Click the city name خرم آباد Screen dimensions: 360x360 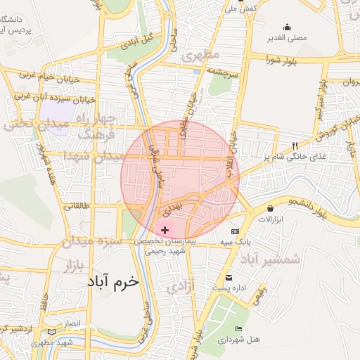[x=113, y=281]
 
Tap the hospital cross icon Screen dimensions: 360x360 [x=165, y=230]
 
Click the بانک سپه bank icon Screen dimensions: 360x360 [x=235, y=231]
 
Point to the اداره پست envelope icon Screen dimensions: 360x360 [x=229, y=277]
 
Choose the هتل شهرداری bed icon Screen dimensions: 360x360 [x=238, y=328]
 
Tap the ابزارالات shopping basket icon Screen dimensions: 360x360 [x=271, y=209]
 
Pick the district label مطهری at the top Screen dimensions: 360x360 [x=200, y=53]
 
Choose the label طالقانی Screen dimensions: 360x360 [x=78, y=207]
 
